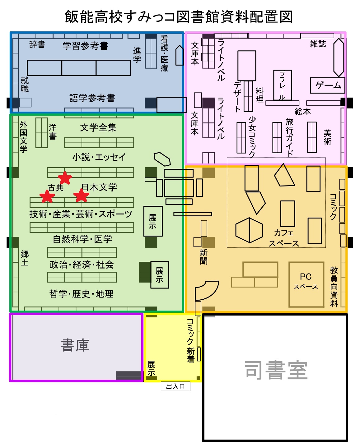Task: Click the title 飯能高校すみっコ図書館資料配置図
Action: tap(179, 17)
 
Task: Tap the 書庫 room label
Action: tap(75, 345)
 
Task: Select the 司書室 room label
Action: tap(276, 370)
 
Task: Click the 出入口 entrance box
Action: tap(175, 386)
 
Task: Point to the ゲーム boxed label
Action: tap(328, 85)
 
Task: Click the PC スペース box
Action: tap(306, 284)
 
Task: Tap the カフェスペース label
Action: tap(283, 238)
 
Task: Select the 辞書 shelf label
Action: tap(37, 45)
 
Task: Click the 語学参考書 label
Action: tap(92, 98)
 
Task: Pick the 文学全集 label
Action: tap(98, 127)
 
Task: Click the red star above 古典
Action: tap(65, 178)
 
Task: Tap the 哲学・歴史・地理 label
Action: tap(81, 294)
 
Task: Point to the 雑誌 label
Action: tap(318, 44)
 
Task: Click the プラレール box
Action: tap(282, 85)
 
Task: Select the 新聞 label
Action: tap(203, 257)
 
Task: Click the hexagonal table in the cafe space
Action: tap(249, 230)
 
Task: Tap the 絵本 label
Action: tap(302, 111)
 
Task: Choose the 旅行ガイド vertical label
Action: tap(289, 137)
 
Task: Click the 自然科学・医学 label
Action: tap(82, 239)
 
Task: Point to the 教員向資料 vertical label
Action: tap(334, 286)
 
